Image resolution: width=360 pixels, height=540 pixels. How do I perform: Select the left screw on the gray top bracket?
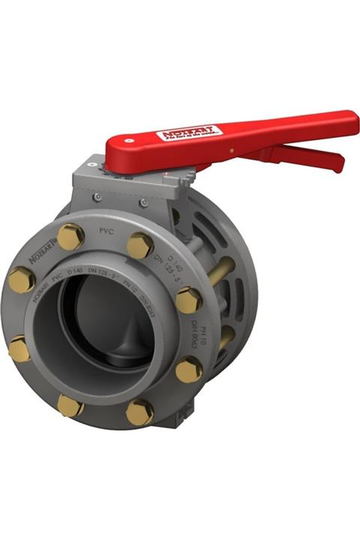click(97, 197)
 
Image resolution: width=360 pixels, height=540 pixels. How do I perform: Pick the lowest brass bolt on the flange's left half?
click(70, 406)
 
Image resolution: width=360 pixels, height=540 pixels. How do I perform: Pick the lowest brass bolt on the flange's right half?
click(139, 412)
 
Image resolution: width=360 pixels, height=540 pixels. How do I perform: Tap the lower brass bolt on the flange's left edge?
click(20, 349)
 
